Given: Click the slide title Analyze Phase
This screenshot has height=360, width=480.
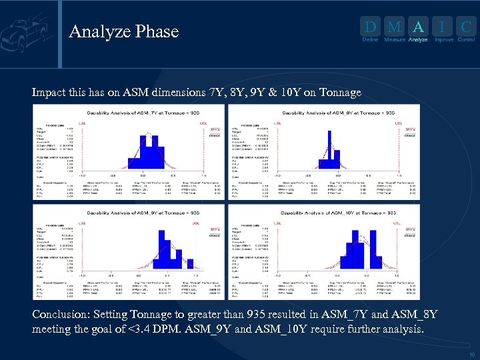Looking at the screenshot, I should [123, 31].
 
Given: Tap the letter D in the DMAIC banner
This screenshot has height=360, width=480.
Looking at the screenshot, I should [369, 27].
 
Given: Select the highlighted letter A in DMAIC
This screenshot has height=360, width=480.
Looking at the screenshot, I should [418, 27].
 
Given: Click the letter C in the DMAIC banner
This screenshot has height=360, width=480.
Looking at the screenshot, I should [466, 27].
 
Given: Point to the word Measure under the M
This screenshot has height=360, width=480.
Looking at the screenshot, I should [395, 40].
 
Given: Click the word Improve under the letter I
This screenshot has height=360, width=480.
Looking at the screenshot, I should [443, 40].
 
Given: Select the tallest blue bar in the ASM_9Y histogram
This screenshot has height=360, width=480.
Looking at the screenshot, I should [162, 246].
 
